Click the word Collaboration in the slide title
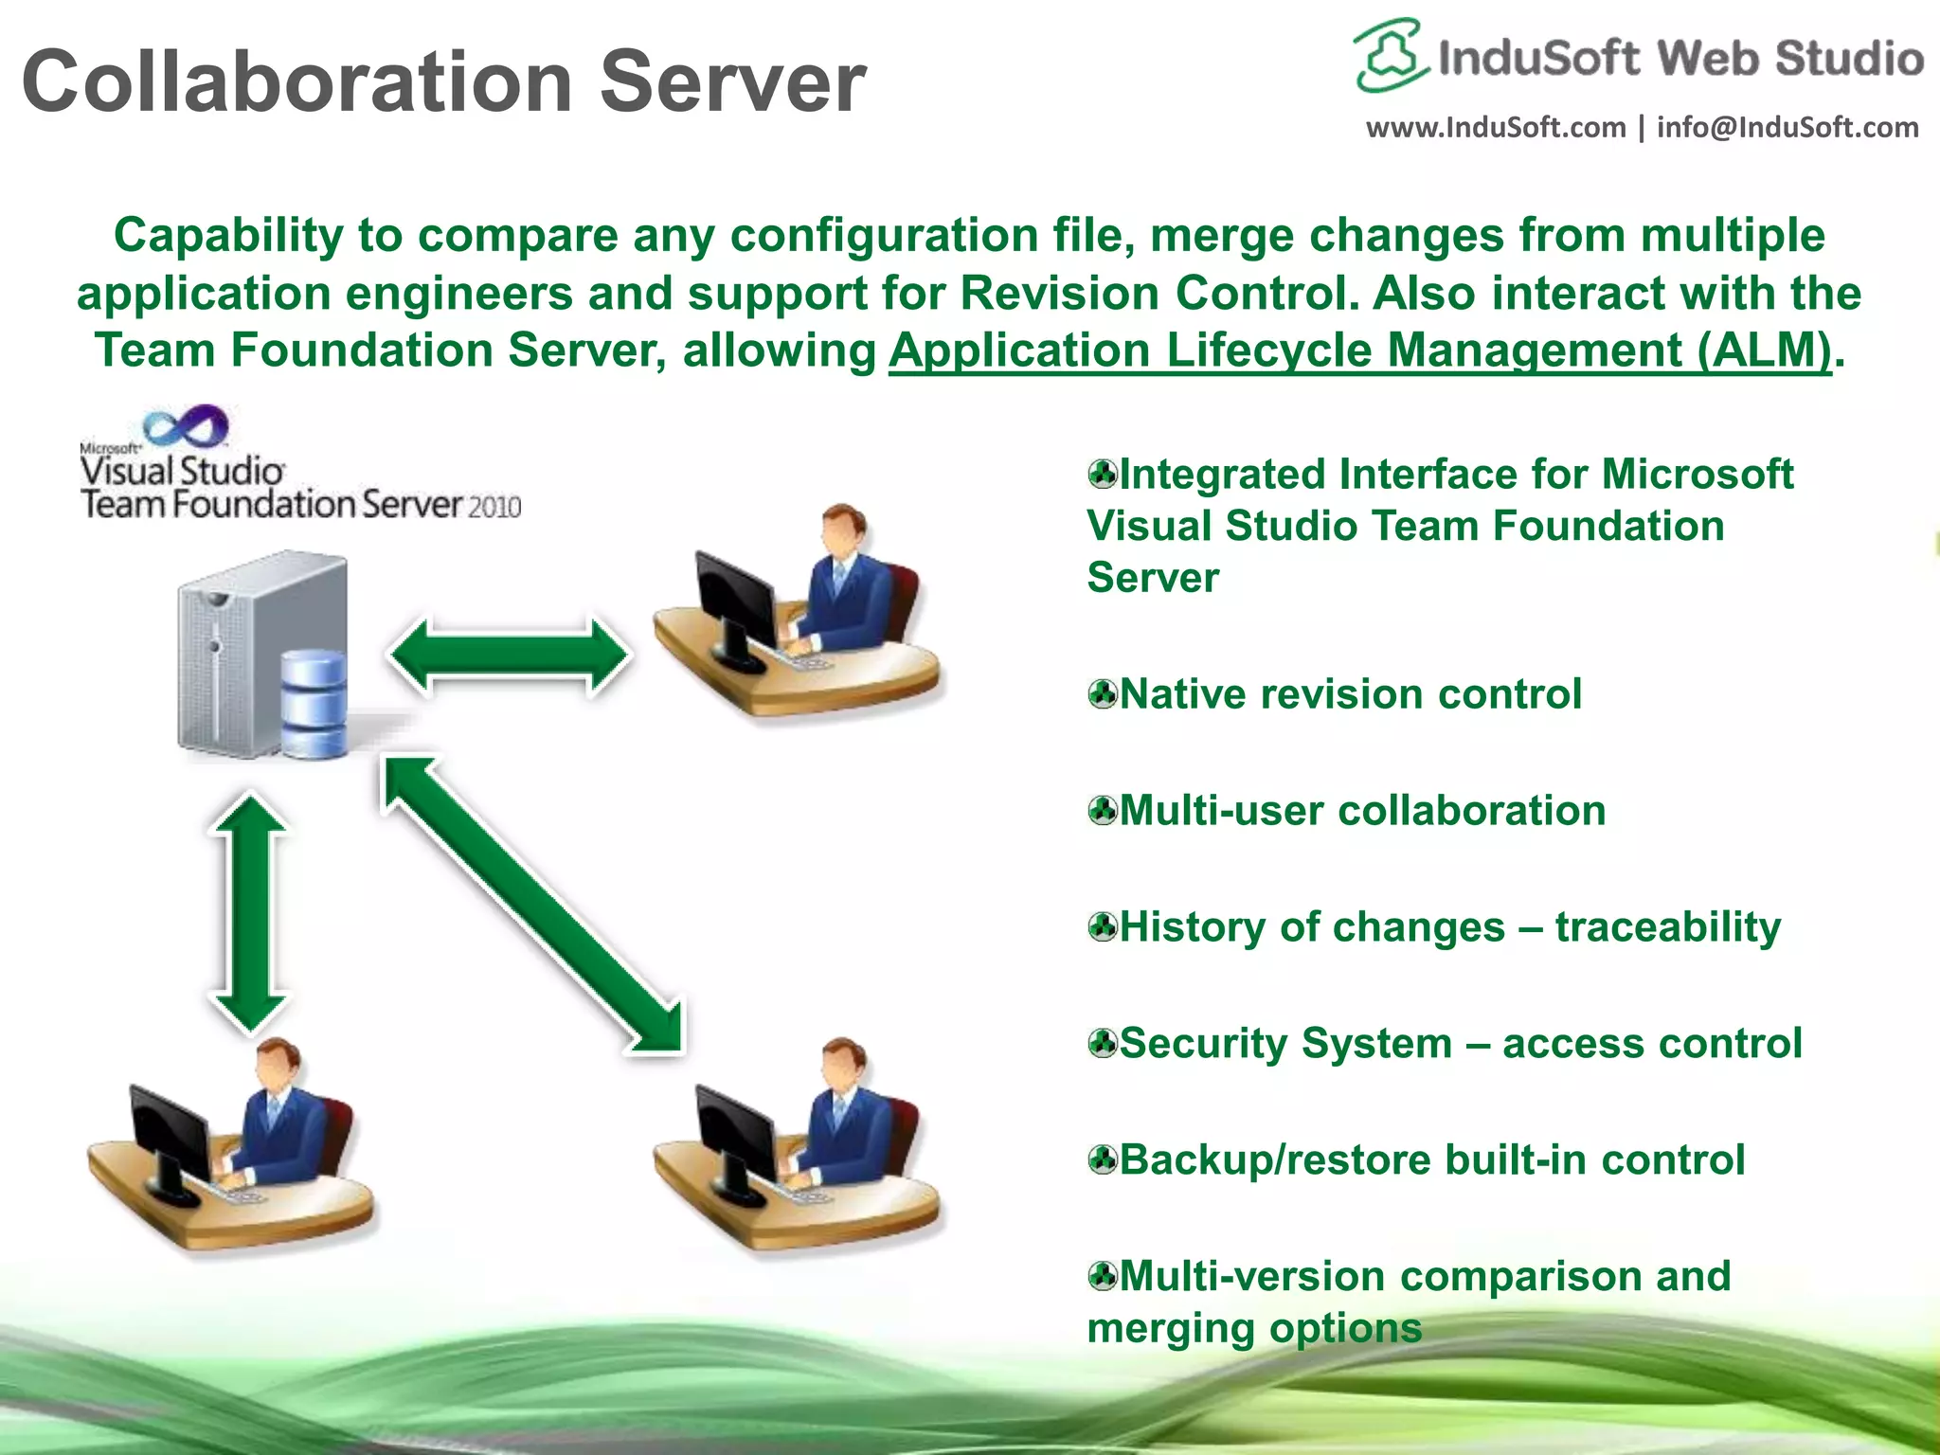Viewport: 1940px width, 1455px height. [296, 81]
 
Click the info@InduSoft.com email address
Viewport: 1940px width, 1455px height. [1787, 127]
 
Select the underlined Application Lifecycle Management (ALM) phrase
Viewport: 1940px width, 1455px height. [1359, 350]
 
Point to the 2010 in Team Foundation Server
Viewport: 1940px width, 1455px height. [494, 508]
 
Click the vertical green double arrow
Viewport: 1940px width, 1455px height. [249, 913]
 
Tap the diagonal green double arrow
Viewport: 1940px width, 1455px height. [533, 904]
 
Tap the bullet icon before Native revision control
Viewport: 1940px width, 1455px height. [1103, 694]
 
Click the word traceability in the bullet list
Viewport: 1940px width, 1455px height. [1667, 927]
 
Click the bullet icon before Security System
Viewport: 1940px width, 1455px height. [1103, 1044]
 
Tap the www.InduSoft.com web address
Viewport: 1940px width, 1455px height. [1495, 127]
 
